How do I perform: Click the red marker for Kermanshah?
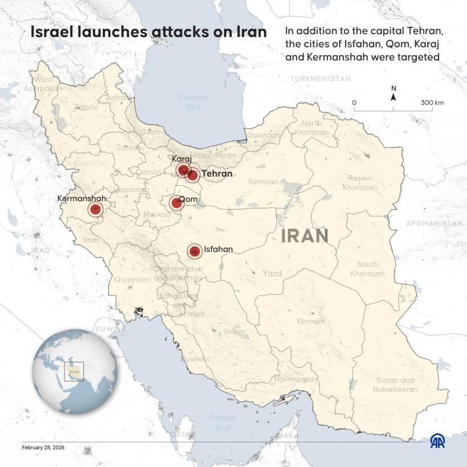click(x=95, y=210)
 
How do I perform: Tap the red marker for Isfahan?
click(x=195, y=251)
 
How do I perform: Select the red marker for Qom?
click(x=175, y=203)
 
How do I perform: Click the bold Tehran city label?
click(x=218, y=174)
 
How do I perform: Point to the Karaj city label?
click(x=182, y=159)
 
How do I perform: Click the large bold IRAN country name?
click(x=305, y=236)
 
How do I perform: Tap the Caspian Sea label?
click(x=193, y=101)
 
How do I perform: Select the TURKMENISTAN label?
click(x=319, y=79)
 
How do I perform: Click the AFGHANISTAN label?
click(x=435, y=224)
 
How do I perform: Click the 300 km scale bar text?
click(x=432, y=103)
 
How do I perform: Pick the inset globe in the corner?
click(x=75, y=371)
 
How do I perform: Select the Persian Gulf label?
click(x=222, y=422)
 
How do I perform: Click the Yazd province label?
click(x=272, y=273)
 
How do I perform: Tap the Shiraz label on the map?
click(x=235, y=331)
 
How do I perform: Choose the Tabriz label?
click(x=85, y=106)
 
